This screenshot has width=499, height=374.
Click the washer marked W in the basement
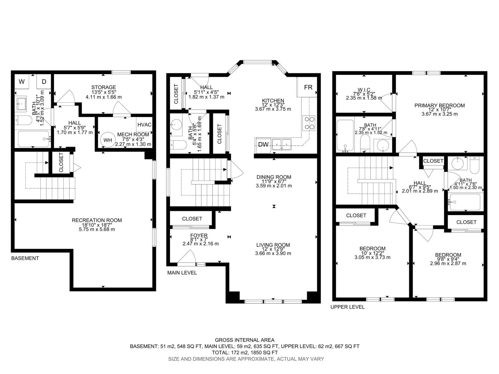pos(22,81)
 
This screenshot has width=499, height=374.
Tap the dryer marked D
pos(44,81)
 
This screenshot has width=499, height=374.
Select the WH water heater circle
pos(108,140)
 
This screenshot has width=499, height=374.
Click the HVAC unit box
pos(144,124)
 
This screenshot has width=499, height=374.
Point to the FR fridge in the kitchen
pos(307,87)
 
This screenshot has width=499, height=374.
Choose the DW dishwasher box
pos(263,144)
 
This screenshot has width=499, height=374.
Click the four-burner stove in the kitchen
pos(309,123)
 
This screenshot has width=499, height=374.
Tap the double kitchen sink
pos(282,144)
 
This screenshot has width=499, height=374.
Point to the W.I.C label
pos(364,90)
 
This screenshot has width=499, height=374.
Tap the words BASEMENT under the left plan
pos(25,258)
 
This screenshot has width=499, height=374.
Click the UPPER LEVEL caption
pos(347,307)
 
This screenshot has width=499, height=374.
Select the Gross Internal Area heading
pos(245,340)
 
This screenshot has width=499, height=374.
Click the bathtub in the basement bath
pos(34,139)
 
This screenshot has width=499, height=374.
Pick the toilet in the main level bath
pos(178,145)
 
